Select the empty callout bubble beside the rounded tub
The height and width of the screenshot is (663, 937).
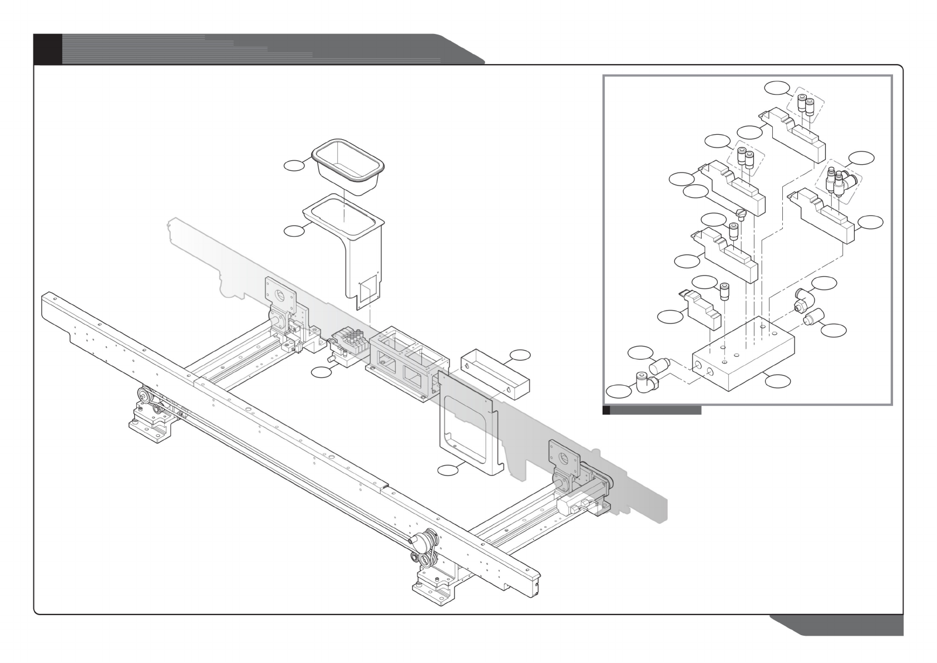pyautogui.click(x=294, y=164)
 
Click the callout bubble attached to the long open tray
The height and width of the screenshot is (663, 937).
pyautogui.click(x=520, y=355)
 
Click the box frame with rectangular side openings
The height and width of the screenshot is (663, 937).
pyautogui.click(x=402, y=363)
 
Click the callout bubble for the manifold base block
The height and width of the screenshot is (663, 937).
pyautogui.click(x=777, y=381)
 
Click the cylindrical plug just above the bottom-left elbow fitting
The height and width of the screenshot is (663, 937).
pyautogui.click(x=657, y=366)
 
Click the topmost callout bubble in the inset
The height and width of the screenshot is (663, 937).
pyautogui.click(x=777, y=87)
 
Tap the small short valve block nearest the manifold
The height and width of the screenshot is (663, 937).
pyautogui.click(x=697, y=310)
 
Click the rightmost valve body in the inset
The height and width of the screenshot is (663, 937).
pyautogui.click(x=823, y=217)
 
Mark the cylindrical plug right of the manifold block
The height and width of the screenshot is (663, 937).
pyautogui.click(x=814, y=320)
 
